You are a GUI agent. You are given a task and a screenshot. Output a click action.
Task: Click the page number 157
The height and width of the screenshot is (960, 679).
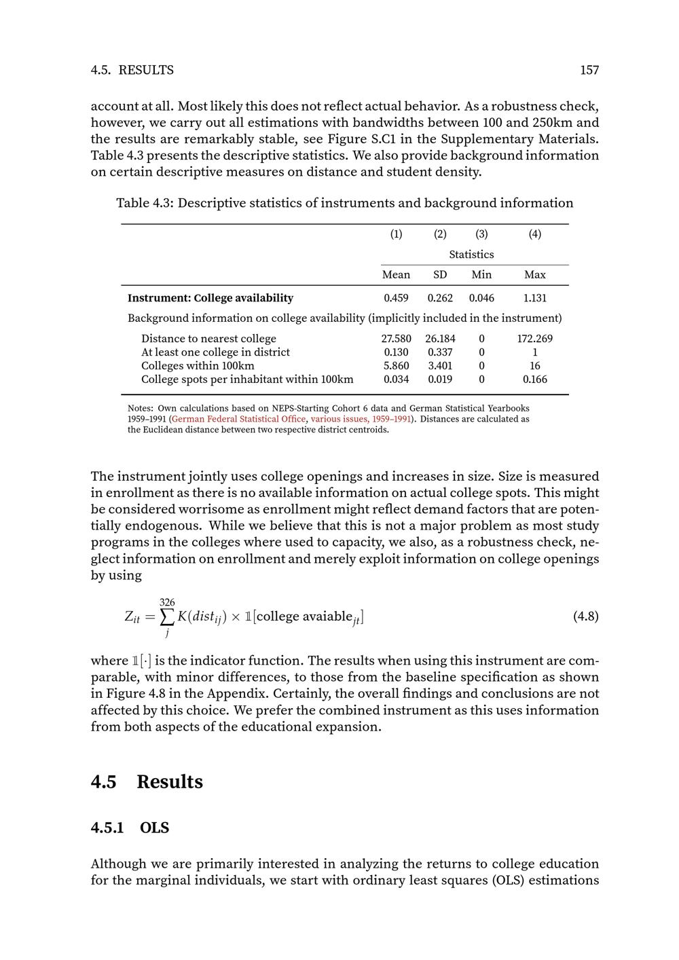589,70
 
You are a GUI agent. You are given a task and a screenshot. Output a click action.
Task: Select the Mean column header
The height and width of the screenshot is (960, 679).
396,275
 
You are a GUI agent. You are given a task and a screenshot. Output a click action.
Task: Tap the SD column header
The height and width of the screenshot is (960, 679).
440,275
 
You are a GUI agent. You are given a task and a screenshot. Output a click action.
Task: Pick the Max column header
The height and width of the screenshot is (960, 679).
535,275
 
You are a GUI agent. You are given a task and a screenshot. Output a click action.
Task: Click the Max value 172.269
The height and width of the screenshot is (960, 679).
535,339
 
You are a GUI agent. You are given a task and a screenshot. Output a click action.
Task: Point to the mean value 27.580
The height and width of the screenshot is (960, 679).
397,339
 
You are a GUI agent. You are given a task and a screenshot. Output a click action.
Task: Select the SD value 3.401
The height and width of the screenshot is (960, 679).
440,366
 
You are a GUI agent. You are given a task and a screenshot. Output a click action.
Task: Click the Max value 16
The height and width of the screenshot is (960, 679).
535,366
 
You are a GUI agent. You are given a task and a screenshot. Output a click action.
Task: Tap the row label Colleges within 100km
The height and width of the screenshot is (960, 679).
198,366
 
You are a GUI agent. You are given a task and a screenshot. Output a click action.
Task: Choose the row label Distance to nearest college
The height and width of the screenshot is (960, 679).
208,339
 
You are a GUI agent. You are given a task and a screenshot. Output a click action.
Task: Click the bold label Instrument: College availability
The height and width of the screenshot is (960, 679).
210,298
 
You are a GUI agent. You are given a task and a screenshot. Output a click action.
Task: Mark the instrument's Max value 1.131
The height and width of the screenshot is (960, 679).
535,298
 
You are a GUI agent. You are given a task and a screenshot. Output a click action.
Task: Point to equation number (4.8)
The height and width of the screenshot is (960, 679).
586,616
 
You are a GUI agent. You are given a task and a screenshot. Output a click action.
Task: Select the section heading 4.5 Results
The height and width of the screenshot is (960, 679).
147,782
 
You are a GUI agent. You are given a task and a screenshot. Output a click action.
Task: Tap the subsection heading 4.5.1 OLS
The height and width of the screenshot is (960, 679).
130,828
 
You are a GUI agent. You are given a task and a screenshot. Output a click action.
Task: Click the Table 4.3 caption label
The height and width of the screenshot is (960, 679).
145,203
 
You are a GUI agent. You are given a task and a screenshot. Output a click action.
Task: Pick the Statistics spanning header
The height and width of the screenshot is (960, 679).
471,255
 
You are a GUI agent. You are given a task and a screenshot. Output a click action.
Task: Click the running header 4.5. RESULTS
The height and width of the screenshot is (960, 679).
132,70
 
